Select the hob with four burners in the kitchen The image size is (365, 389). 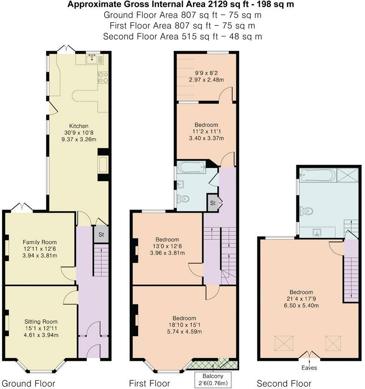point(103,77)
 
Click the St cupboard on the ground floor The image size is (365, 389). point(101,234)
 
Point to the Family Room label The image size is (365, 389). point(40,242)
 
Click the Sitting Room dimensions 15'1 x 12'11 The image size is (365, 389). point(41,328)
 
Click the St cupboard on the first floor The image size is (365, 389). point(213,203)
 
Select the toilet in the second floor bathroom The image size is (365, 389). point(306,211)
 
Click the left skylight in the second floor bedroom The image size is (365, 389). point(283,344)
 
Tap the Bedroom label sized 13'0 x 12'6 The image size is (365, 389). point(167,239)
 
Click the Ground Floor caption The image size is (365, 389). point(28,383)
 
